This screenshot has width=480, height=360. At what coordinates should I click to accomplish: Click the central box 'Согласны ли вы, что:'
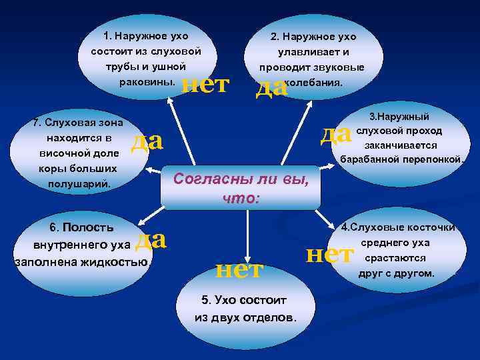tap(241, 188)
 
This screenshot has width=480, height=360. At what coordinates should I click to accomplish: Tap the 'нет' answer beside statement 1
tap(205, 84)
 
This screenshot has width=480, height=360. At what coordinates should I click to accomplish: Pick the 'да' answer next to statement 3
tap(335, 134)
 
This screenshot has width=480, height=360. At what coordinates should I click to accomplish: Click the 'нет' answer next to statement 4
tap(329, 254)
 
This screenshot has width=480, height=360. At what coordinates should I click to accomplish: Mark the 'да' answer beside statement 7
tap(147, 141)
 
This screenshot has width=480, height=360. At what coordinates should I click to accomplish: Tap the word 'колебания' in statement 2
tap(313, 83)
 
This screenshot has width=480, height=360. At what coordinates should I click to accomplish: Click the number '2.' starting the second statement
tap(274, 37)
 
